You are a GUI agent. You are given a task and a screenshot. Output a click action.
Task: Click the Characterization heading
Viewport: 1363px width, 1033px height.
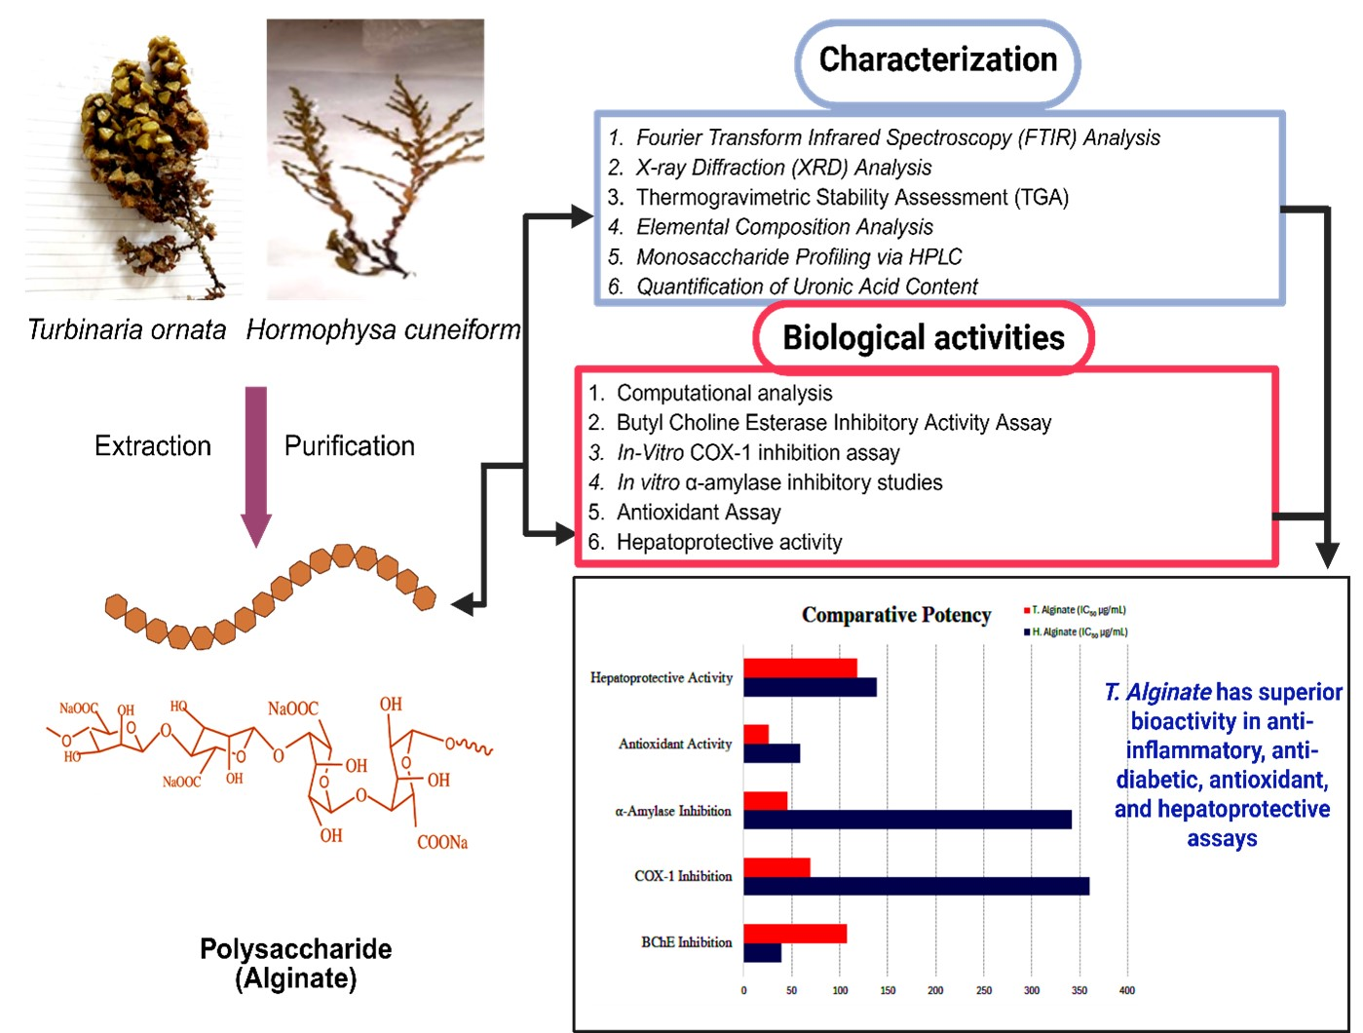click(937, 60)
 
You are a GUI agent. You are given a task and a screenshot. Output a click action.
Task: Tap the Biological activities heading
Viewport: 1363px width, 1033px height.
click(924, 338)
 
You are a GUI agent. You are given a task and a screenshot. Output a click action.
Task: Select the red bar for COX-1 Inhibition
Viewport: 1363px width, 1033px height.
click(776, 867)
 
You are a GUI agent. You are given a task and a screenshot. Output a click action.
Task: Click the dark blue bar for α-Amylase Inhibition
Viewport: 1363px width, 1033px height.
click(907, 820)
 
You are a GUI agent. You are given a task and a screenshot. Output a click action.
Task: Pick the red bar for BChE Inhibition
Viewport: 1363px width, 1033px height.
click(795, 934)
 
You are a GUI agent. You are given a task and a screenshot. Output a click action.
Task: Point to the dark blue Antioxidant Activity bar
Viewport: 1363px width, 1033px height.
click(772, 753)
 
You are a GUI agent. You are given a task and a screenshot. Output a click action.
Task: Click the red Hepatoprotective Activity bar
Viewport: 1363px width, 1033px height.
click(800, 669)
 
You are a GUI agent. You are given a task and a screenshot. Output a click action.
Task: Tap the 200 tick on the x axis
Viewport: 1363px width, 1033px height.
click(935, 990)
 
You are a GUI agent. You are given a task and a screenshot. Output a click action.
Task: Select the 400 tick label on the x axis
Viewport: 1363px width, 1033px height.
click(1127, 990)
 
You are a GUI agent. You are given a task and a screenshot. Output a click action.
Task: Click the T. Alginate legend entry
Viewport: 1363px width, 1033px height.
click(1076, 610)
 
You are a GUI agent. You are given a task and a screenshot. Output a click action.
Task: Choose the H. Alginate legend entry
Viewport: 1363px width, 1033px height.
click(1077, 632)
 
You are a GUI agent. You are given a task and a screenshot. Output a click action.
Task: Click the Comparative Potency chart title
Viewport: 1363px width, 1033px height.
click(896, 615)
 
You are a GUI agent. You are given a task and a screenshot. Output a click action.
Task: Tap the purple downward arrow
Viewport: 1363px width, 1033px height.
click(256, 463)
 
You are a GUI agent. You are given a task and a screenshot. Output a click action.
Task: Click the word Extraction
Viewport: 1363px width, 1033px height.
click(153, 446)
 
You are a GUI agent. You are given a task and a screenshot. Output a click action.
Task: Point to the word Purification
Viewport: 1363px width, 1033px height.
click(350, 446)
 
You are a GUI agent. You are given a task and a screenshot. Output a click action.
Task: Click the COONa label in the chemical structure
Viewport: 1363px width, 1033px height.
click(442, 843)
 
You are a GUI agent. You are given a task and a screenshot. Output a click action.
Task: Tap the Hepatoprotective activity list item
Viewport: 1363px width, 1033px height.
click(729, 543)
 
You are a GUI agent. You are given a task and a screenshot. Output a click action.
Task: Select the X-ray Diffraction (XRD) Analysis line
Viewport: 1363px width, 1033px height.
click(783, 168)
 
